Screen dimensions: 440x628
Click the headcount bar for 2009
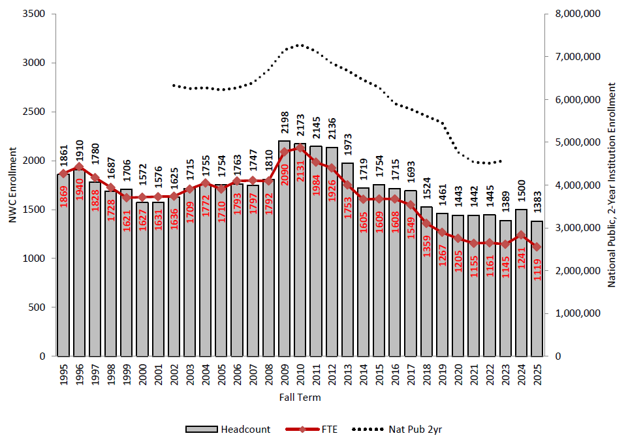click(x=284, y=248)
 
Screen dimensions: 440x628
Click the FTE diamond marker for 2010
click(x=300, y=148)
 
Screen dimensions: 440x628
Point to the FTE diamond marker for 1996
click(x=79, y=166)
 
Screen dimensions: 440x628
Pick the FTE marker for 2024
click(x=521, y=235)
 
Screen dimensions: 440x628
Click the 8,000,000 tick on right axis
click(x=575, y=14)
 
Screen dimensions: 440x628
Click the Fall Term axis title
click(x=300, y=397)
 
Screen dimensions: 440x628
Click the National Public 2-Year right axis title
click(x=612, y=185)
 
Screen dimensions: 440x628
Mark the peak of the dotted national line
click(x=300, y=45)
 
